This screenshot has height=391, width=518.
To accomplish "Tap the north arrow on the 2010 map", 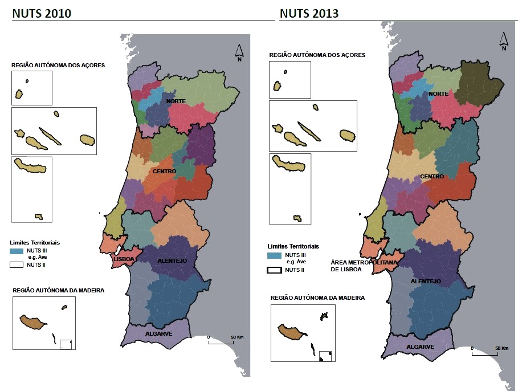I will (240, 52).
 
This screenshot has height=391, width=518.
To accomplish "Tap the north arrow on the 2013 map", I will (504, 42).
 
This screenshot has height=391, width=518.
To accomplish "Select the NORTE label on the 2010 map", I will (176, 101).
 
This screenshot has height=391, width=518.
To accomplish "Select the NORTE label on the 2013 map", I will (438, 93).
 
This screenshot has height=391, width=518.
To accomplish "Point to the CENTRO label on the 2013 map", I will (433, 177).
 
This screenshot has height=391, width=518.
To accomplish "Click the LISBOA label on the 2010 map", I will (125, 259).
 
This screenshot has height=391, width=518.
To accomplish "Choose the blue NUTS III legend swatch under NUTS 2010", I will (17, 250).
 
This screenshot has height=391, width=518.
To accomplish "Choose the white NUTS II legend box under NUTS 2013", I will (274, 270).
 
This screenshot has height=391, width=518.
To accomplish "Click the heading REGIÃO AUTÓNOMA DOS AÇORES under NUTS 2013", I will (317, 55).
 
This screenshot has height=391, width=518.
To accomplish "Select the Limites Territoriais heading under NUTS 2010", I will (35, 242).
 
